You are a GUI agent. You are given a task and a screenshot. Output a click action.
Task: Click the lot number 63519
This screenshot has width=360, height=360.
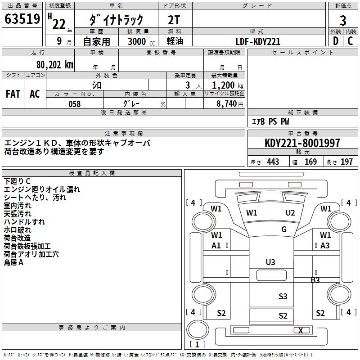pyautogui.click(x=22, y=19)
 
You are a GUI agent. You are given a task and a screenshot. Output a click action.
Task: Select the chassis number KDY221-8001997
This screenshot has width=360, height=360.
pyautogui.click(x=302, y=143)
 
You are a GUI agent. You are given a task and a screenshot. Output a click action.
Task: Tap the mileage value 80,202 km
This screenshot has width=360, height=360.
pyautogui.click(x=55, y=64)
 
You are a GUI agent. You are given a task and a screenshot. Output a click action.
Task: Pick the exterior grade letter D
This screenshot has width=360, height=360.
pyautogui.click(x=335, y=41)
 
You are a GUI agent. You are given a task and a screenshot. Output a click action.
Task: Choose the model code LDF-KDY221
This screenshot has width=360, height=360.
pyautogui.click(x=258, y=41)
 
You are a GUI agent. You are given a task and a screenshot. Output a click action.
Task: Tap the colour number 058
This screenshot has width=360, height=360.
pyautogui.click(x=74, y=104)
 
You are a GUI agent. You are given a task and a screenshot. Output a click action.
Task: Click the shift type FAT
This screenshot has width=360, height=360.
pyautogui.click(x=13, y=94)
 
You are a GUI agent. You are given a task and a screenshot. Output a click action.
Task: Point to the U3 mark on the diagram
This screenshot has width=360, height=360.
pyautogui.click(x=270, y=262)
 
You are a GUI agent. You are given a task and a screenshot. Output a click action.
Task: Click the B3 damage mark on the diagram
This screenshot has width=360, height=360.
pyautogui.click(x=315, y=280)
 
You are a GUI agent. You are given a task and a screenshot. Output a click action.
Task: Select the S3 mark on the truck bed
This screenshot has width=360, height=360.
pyautogui.click(x=283, y=296)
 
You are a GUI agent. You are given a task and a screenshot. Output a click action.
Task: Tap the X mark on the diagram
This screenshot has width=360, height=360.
pyautogui.click(x=301, y=330)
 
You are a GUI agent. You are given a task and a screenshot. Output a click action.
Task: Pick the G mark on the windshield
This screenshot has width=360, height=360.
pyautogui.click(x=284, y=229)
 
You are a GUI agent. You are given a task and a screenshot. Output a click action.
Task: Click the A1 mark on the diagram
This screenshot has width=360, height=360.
pyautogui.click(x=216, y=245)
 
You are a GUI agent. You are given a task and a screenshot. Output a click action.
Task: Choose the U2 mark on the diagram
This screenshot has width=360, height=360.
pyautogui.click(x=290, y=212)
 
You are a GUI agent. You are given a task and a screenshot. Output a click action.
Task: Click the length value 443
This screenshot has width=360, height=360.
pyautogui.click(x=273, y=162)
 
